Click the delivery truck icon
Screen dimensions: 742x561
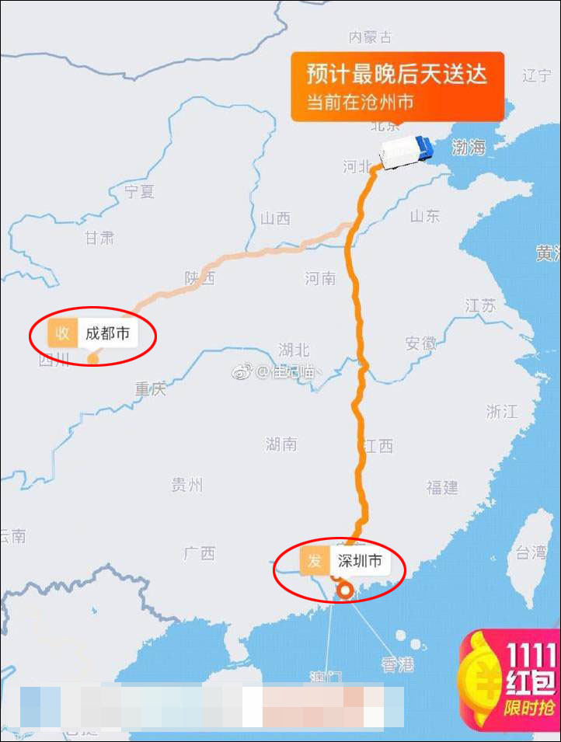[x=406, y=151]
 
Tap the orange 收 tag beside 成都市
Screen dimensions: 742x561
[x=62, y=334]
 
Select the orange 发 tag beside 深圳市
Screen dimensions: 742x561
[x=314, y=560]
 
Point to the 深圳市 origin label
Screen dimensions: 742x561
[x=359, y=560]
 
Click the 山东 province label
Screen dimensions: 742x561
[x=424, y=216]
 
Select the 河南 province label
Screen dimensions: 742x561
[x=320, y=277]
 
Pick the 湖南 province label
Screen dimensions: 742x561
[x=280, y=444]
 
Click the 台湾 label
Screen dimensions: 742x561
[x=531, y=552]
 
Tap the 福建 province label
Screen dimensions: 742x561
[x=442, y=487]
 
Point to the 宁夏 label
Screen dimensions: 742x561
[x=140, y=191]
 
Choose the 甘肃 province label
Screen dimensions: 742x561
[x=99, y=238]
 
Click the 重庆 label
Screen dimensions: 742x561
[x=151, y=388]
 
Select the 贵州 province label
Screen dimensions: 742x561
[x=186, y=485]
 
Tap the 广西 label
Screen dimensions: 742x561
[x=199, y=553]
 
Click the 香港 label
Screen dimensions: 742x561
[x=397, y=664]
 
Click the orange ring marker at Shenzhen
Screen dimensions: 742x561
[x=345, y=593]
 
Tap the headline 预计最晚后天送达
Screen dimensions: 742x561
[x=397, y=75]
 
